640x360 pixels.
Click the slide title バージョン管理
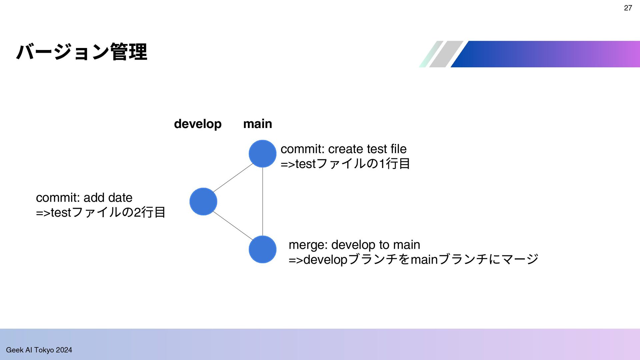(82, 52)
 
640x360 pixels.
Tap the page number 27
(628, 8)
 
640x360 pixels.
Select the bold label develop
(198, 124)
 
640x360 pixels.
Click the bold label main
(258, 124)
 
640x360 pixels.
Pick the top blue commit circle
(263, 154)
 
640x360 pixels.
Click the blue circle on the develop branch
(203, 202)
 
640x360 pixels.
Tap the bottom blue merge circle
(263, 249)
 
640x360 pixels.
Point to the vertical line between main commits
(263, 202)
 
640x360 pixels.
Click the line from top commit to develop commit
(233, 178)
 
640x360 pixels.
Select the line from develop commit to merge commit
(233, 226)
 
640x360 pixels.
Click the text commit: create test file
(344, 149)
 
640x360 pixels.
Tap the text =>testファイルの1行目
(345, 164)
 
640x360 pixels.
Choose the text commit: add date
(84, 198)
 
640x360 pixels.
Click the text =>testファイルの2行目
(101, 212)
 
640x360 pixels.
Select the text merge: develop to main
(354, 245)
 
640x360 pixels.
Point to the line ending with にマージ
(413, 259)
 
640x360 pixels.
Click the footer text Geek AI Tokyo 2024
(39, 350)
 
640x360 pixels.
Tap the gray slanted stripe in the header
(446, 54)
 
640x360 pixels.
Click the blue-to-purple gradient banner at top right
(545, 54)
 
